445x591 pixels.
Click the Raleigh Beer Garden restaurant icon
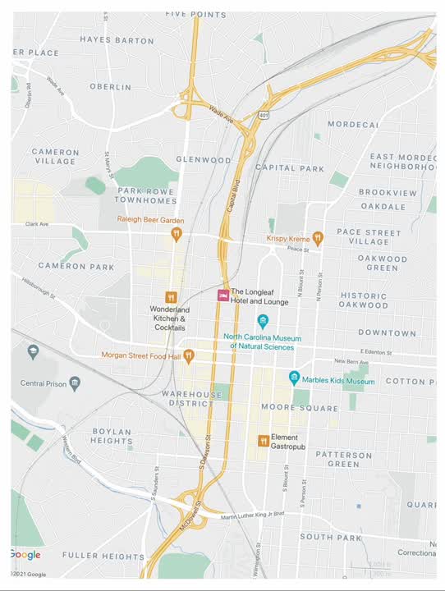pyautogui.click(x=176, y=234)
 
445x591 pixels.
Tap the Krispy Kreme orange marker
pyautogui.click(x=318, y=238)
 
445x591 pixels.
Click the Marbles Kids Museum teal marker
pyautogui.click(x=294, y=378)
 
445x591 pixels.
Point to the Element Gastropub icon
pyautogui.click(x=264, y=441)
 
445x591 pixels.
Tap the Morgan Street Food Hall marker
pyautogui.click(x=189, y=355)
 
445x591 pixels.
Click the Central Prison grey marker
pyautogui.click(x=75, y=383)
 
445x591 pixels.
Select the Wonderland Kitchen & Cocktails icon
pyautogui.click(x=171, y=297)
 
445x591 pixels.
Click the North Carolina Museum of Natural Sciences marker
pyautogui.click(x=263, y=321)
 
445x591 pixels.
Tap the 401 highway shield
pyautogui.click(x=264, y=115)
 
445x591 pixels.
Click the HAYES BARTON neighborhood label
pyautogui.click(x=117, y=39)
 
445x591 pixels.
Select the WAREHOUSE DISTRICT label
pyautogui.click(x=192, y=399)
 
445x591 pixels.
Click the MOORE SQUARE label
pyautogui.click(x=287, y=407)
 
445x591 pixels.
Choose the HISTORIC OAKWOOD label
pyautogui.click(x=363, y=300)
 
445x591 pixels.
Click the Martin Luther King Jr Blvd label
pyautogui.click(x=252, y=515)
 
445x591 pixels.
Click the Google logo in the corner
pyautogui.click(x=25, y=555)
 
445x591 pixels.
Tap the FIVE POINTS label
pyautogui.click(x=195, y=15)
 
